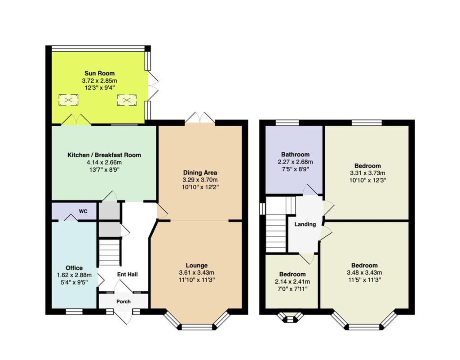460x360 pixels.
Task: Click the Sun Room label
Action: point(99,73)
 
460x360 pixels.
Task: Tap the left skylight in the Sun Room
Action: point(68,100)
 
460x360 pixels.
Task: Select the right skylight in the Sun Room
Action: point(127,100)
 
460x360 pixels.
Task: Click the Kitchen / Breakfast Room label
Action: point(104,155)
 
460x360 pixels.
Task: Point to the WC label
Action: point(83,211)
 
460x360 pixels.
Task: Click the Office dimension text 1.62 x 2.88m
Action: point(74,275)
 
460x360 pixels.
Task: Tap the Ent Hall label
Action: point(127,274)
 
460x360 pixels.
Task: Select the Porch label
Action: point(124,302)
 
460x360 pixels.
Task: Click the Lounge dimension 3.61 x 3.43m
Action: point(197,272)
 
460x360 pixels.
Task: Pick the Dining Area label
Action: point(200,173)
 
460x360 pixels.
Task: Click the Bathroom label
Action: point(295,154)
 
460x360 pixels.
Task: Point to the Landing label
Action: point(305,224)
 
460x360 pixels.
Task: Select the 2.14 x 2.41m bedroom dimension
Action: point(292,282)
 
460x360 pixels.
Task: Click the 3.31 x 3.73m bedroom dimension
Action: point(367,173)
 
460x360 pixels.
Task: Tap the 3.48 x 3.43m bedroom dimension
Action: point(364,272)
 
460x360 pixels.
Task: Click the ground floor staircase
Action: point(109,252)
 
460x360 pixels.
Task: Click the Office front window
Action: point(74,311)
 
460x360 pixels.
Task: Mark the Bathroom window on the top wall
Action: point(287,122)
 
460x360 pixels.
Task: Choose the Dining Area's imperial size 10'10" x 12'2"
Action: point(200,187)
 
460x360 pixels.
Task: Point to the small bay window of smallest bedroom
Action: point(290,317)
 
